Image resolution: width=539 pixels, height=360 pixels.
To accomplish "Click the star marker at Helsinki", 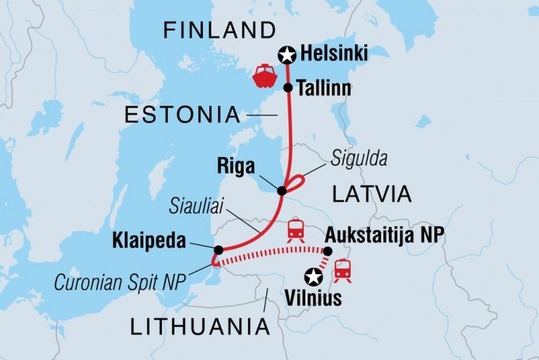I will pyautogui.click(x=287, y=54).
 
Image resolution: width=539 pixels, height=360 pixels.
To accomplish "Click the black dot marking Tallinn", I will pyautogui.click(x=288, y=88).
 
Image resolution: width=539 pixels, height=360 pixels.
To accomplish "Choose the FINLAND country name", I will pyautogui.click(x=218, y=31).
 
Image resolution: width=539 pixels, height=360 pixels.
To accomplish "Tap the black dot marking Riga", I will pyautogui.click(x=282, y=190).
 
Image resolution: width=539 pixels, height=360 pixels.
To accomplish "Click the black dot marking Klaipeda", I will pyautogui.click(x=219, y=249).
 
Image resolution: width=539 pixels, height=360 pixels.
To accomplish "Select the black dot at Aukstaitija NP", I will pyautogui.click(x=327, y=251).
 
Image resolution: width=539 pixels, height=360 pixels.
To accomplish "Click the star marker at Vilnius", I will pyautogui.click(x=314, y=275).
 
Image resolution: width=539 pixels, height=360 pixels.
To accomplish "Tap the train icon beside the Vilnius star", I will pyautogui.click(x=342, y=270).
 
